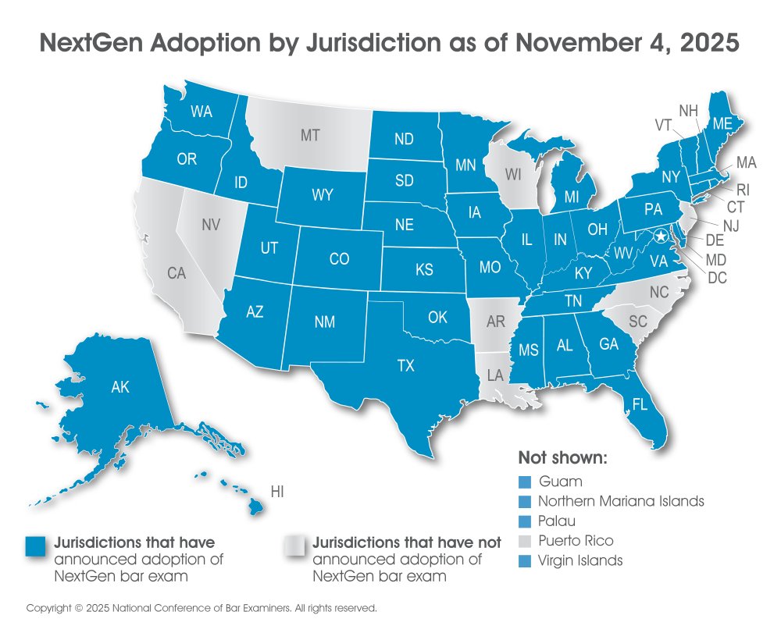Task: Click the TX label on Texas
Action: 405,366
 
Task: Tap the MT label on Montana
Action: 310,136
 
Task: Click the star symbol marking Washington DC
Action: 662,236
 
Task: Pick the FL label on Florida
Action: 640,405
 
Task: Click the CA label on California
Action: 177,273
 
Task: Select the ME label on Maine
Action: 721,123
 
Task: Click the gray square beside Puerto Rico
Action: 524,541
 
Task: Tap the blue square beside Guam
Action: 524,482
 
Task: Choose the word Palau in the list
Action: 558,521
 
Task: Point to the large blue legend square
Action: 36,547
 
